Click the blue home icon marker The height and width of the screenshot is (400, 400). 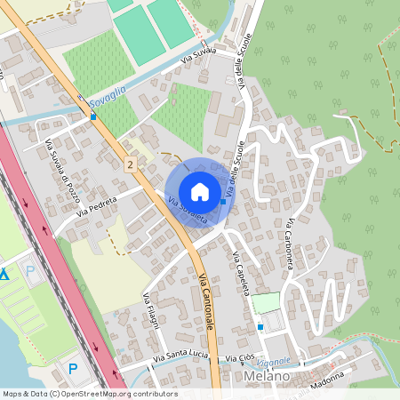click(x=200, y=191)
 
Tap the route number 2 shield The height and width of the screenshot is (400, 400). click(x=131, y=165)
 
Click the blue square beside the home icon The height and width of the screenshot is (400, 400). click(x=223, y=202)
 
